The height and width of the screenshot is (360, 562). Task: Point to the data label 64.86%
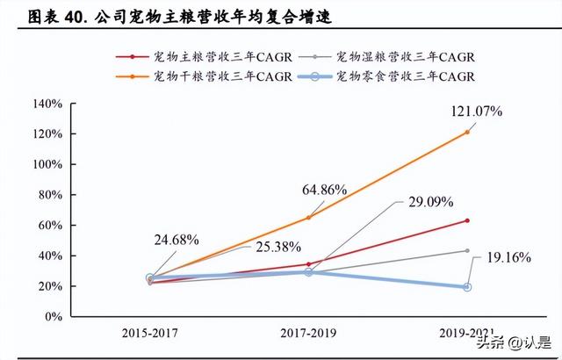tap(324, 190)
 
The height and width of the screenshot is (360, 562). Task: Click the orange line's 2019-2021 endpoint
tap(466, 132)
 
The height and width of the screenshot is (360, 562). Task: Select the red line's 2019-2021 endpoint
tap(466, 220)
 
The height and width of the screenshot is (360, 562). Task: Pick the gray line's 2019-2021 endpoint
tap(466, 250)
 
